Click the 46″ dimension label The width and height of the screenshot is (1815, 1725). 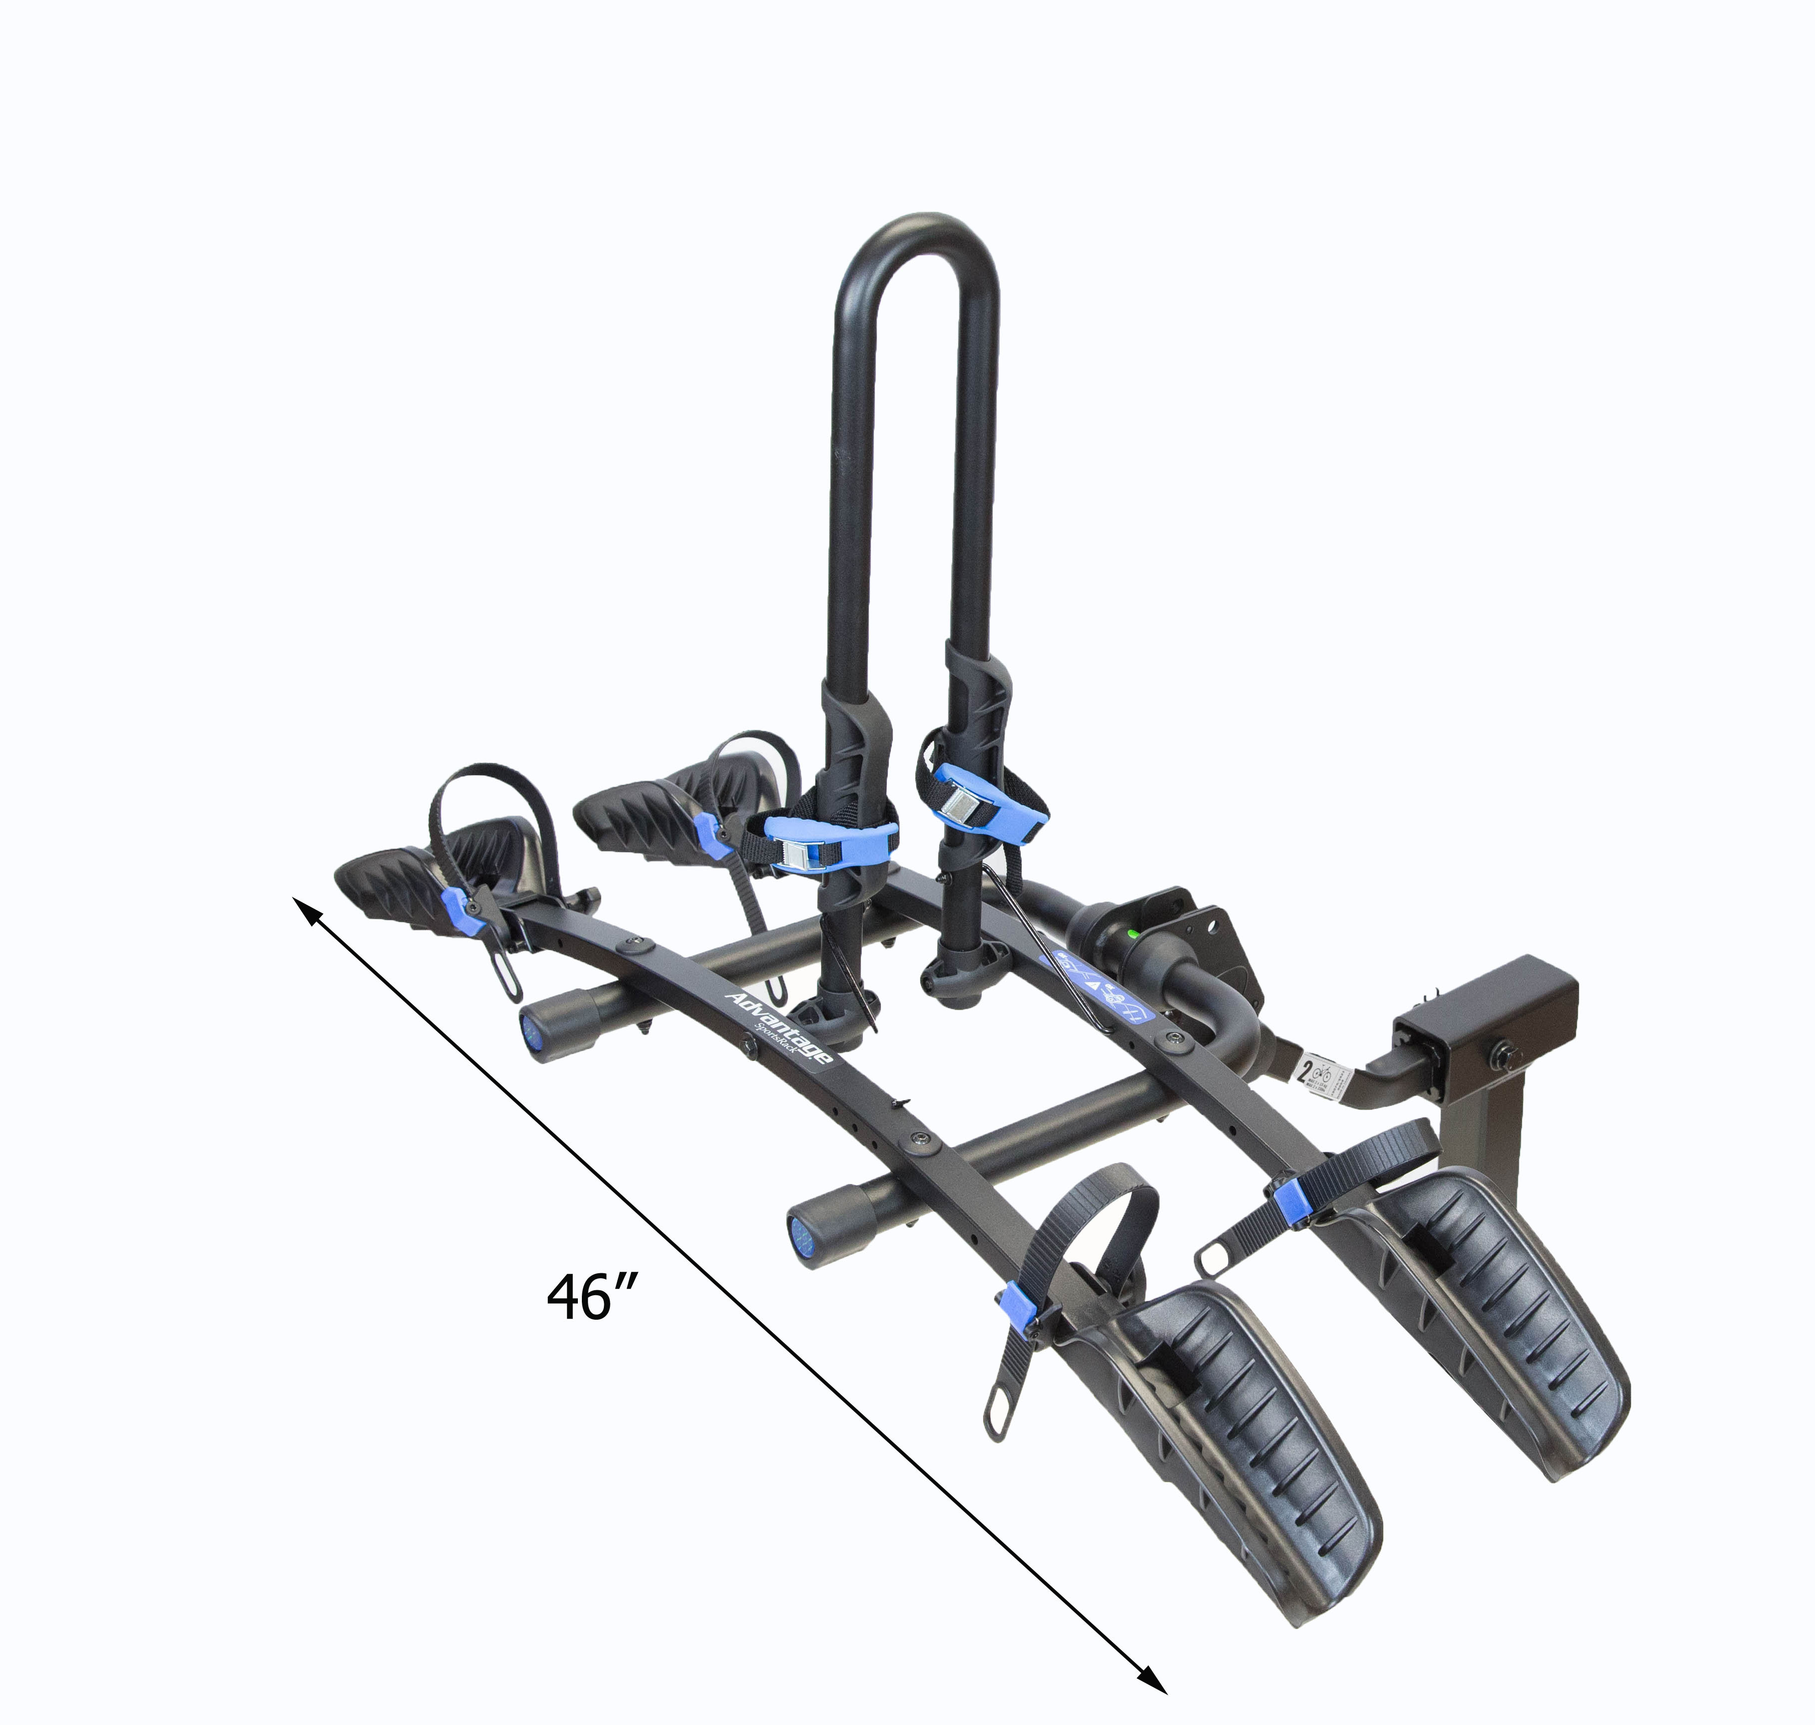tap(591, 1297)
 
